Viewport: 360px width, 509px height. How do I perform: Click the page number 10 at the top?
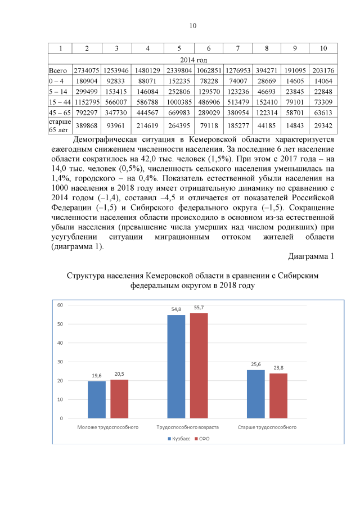192,26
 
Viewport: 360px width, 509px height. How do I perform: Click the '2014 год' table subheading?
192,60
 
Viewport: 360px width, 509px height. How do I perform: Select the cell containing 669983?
178,112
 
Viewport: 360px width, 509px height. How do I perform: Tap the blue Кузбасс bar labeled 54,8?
176,366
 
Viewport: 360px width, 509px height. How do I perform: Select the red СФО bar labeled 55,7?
199,365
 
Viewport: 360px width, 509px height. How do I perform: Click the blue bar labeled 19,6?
96,399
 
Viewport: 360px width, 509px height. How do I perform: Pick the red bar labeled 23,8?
278,395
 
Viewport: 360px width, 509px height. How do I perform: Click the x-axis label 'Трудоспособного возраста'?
187,427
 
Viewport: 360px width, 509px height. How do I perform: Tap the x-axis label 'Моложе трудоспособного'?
107,427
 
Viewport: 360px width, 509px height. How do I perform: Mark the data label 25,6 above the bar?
256,364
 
